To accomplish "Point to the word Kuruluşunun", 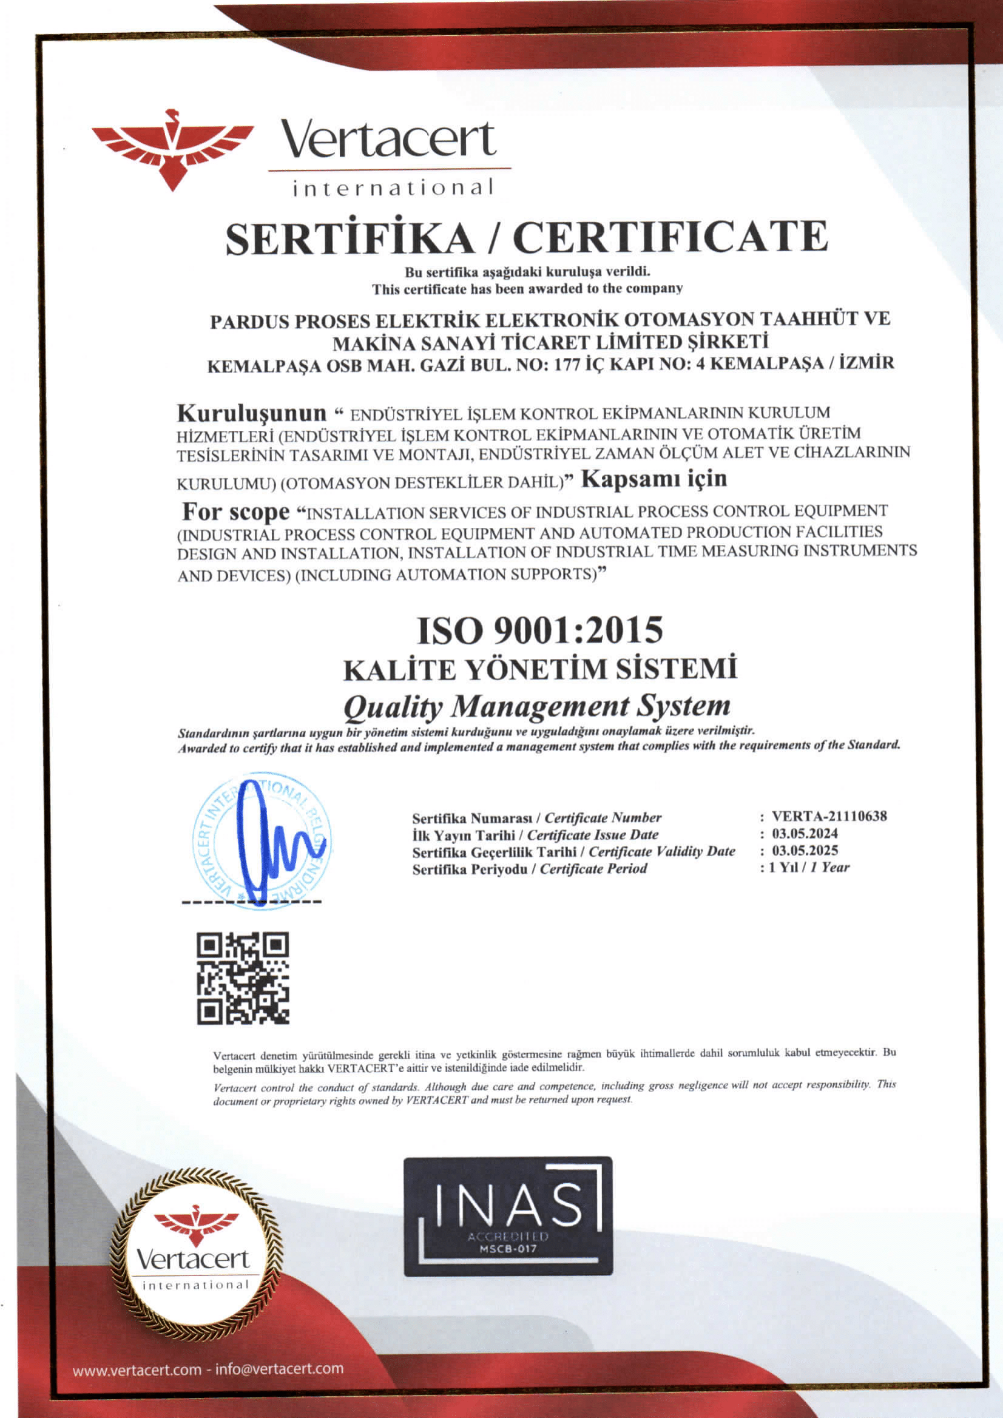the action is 251,412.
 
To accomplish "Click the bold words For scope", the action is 235,511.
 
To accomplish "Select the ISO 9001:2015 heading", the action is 540,630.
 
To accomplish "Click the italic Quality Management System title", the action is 537,706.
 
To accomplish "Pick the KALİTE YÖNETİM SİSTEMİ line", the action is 540,669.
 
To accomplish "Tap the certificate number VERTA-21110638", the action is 829,816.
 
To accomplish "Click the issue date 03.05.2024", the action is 805,833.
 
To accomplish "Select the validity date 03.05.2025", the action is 805,850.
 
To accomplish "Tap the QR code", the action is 243,977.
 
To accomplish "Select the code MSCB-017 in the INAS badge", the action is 508,1249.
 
